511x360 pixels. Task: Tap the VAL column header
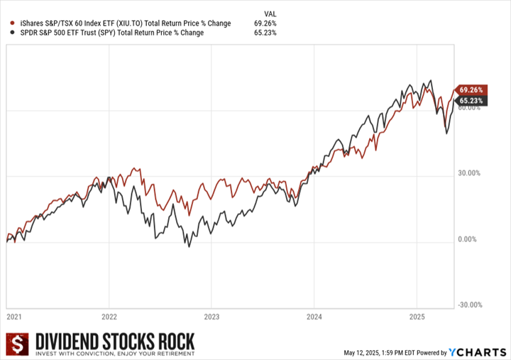tap(270, 13)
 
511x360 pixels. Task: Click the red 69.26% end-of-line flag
tap(471, 90)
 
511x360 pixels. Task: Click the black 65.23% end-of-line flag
tap(471, 102)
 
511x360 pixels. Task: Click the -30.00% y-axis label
tap(470, 306)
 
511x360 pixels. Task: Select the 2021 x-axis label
tap(14, 317)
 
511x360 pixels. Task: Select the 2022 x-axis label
tap(109, 317)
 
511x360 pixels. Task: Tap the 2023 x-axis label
tap(211, 317)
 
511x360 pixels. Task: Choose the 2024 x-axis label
tap(314, 317)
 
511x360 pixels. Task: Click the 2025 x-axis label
tap(417, 317)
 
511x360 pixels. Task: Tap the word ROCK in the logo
tap(173, 341)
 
